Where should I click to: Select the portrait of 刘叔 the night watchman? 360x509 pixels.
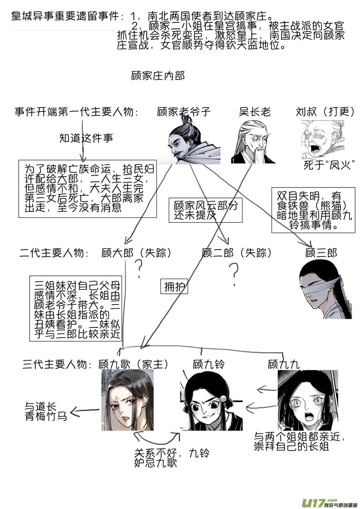[x=323, y=140]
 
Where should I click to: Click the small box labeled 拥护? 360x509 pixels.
[x=174, y=286]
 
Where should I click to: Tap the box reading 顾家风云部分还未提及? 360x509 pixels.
[x=206, y=210]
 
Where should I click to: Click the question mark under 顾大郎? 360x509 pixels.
[x=139, y=269]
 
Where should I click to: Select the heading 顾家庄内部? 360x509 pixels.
[x=158, y=76]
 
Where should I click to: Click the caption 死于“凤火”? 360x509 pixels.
[x=329, y=165]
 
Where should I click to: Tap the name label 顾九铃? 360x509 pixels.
[x=209, y=364]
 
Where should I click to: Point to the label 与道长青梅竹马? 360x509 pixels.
[x=46, y=411]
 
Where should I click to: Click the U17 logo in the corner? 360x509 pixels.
[x=330, y=502]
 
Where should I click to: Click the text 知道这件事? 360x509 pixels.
[x=86, y=138]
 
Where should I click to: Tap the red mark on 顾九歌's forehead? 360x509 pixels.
[x=117, y=398]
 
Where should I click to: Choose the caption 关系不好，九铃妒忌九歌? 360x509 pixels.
[x=172, y=458]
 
